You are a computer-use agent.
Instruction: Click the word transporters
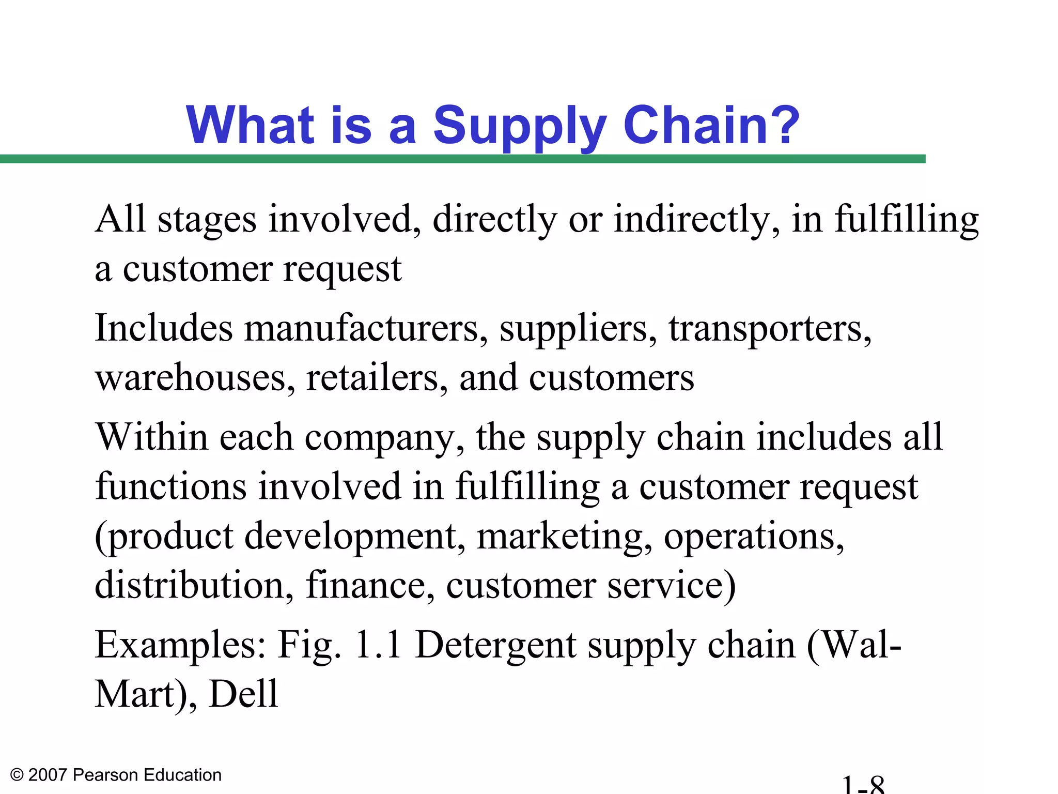(770, 330)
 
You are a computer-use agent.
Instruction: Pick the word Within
(152, 437)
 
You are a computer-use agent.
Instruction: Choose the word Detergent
(496, 646)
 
